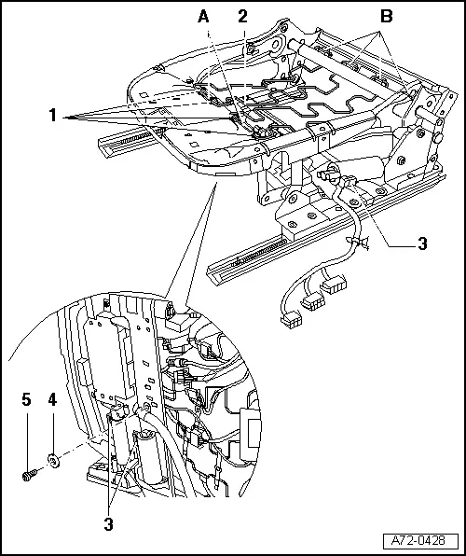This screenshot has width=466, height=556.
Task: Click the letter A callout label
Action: click(203, 16)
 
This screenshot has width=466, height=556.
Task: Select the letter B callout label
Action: click(386, 16)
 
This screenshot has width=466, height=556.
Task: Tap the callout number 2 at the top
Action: click(242, 16)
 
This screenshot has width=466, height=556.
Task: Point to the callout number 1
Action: click(53, 116)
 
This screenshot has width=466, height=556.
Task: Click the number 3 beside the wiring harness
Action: click(422, 244)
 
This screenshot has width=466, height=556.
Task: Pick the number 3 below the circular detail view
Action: click(108, 524)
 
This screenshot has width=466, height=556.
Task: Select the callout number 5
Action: click(27, 399)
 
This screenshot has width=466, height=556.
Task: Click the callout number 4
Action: click(52, 399)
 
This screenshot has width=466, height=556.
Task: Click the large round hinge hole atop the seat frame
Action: click(275, 44)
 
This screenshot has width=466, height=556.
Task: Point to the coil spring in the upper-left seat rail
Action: click(140, 136)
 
